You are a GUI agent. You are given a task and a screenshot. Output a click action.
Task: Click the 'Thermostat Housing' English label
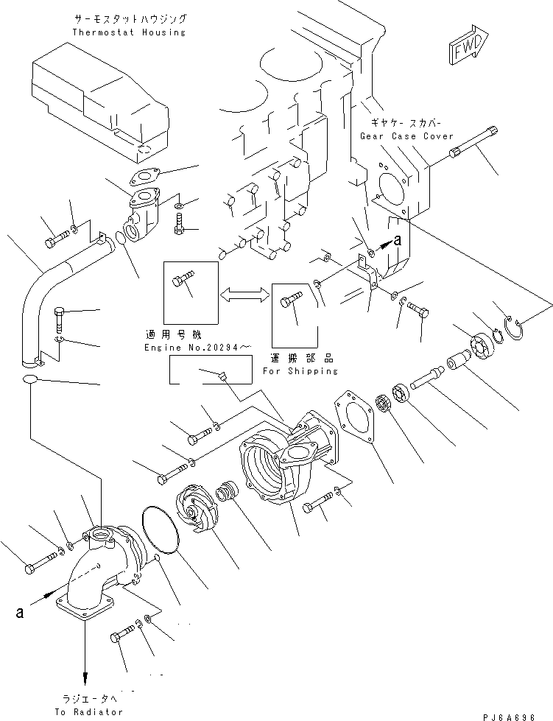pos(130,32)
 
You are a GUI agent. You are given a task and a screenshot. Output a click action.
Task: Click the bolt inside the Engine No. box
pos(182,281)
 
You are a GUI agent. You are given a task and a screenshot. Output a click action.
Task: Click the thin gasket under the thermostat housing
pos(148,177)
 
